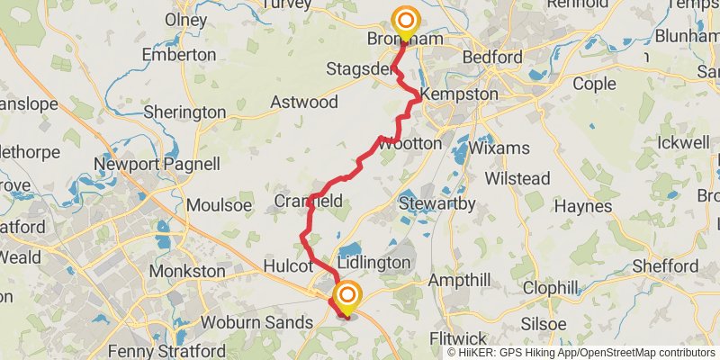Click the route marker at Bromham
406,21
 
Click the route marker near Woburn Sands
347,296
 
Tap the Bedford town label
491,58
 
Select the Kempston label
459,94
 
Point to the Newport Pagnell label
157,164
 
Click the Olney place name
185,20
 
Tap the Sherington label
184,112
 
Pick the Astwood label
304,102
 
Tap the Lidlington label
373,263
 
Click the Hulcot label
292,266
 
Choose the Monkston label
187,271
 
